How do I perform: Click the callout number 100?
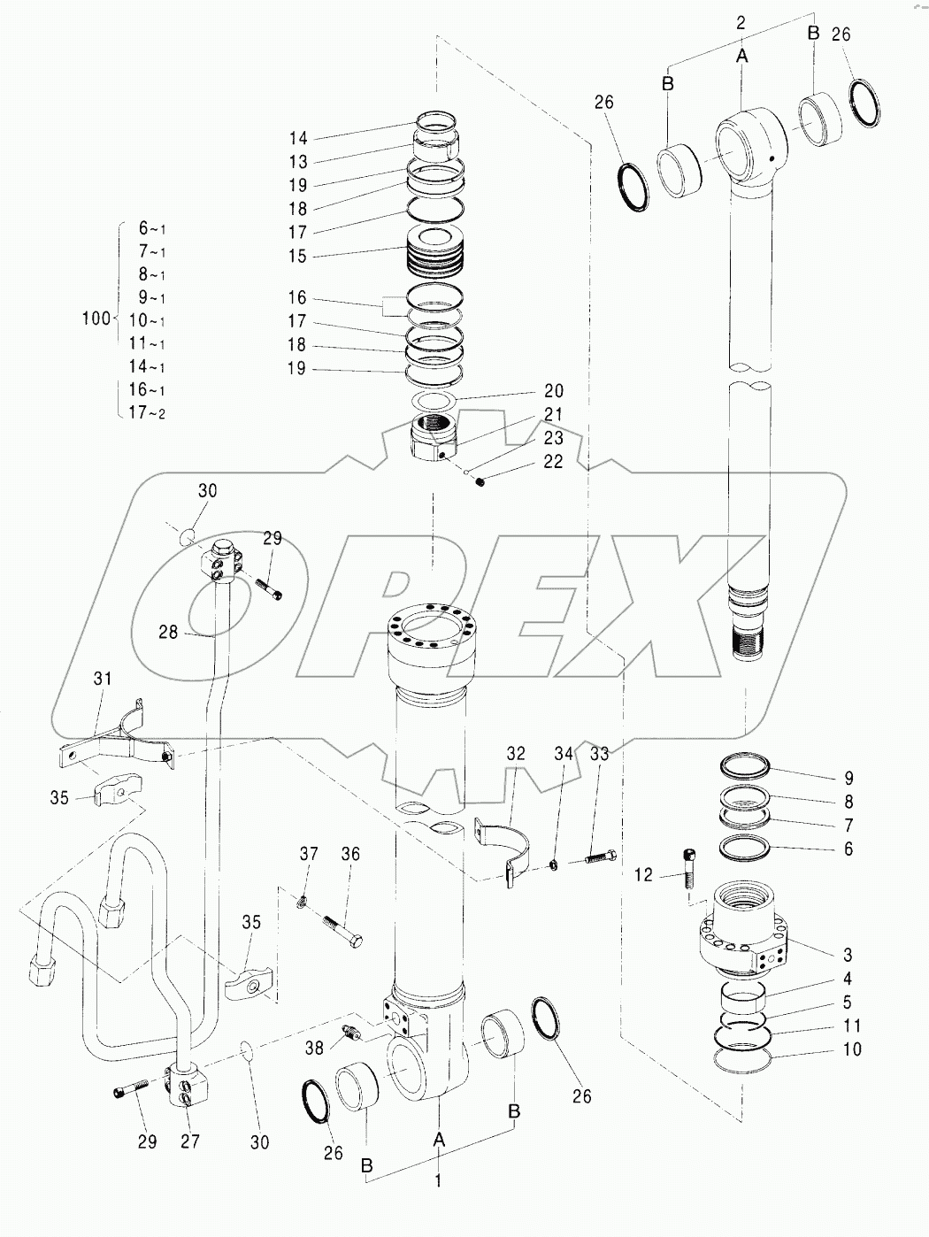[96, 319]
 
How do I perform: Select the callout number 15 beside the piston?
[297, 256]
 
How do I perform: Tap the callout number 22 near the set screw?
[553, 462]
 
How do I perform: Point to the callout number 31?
[103, 679]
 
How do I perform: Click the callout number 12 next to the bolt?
[643, 874]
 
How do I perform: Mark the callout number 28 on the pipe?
[168, 632]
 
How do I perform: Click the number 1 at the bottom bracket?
[438, 1180]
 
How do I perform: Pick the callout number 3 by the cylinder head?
[848, 955]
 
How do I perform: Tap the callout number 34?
[564, 754]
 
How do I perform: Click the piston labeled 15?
[434, 253]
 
